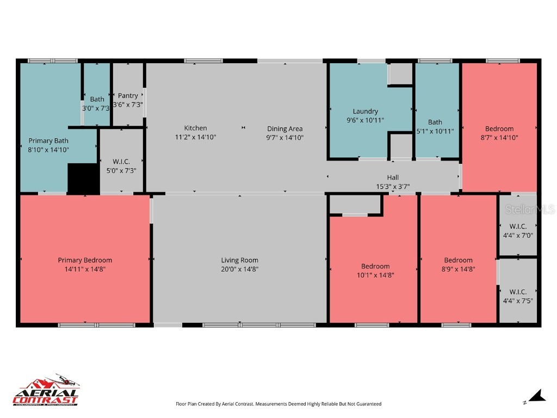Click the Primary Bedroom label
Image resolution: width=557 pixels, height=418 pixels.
(x=85, y=260)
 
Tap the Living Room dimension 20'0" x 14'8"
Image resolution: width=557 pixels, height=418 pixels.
(x=239, y=269)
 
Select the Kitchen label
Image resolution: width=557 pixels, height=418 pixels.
(x=195, y=128)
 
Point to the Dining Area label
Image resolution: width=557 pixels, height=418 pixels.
(x=284, y=129)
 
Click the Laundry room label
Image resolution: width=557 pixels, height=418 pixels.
(x=365, y=112)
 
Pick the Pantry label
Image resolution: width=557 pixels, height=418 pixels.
(x=128, y=96)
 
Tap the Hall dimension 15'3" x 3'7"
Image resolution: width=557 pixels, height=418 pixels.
(x=393, y=186)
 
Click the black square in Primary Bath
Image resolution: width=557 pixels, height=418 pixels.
(x=83, y=178)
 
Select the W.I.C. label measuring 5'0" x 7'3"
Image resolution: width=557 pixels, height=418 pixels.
(x=121, y=162)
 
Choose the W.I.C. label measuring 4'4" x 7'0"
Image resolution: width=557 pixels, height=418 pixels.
(x=518, y=226)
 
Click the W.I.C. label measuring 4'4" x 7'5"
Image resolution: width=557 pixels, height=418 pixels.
(x=518, y=292)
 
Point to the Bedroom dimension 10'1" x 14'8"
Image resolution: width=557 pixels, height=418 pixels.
(x=375, y=275)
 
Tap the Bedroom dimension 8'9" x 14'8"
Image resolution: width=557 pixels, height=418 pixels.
(x=458, y=269)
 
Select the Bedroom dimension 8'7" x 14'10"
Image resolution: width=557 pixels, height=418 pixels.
(x=499, y=138)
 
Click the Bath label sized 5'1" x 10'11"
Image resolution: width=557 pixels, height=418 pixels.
(x=435, y=122)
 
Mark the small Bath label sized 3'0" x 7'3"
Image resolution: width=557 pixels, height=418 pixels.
(x=97, y=99)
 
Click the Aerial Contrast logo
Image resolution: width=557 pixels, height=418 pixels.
(x=46, y=391)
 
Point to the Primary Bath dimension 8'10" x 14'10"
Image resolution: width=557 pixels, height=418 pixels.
(x=48, y=149)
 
